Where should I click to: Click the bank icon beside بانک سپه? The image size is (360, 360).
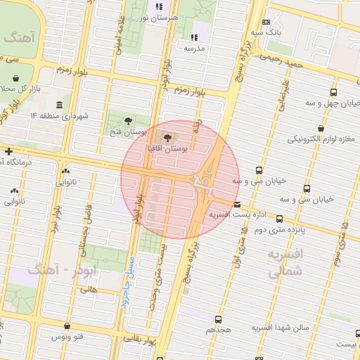[x=265, y=22]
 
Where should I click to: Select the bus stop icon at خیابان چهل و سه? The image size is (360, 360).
[x=333, y=91]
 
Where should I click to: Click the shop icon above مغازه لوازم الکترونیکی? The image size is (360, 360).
[x=321, y=129]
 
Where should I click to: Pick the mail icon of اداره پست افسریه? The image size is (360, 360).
[x=236, y=205]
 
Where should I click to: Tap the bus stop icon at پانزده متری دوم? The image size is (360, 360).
[x=280, y=219]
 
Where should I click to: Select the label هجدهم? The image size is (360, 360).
[x=219, y=329]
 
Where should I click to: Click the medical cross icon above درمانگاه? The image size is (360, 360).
[x=8, y=151]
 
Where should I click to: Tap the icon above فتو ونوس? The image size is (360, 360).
[x=67, y=326]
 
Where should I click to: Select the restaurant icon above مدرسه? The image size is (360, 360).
[x=194, y=37]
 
